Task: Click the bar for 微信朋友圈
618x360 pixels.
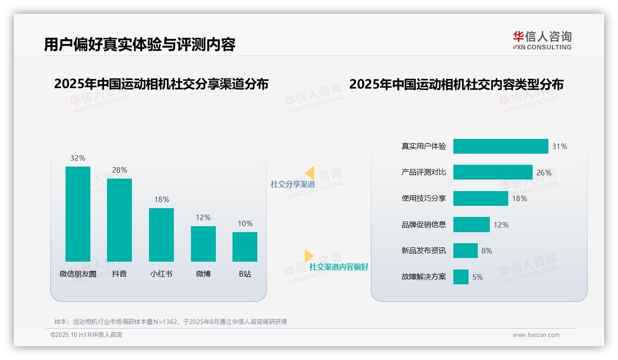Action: pos(78,214)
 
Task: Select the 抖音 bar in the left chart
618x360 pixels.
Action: pos(119,220)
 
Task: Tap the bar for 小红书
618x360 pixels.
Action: pos(161,235)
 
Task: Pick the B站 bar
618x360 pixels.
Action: pos(245,247)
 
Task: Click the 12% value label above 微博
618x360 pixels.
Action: pos(203,217)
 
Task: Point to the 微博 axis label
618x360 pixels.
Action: pos(203,274)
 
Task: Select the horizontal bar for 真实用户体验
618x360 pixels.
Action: pos(500,146)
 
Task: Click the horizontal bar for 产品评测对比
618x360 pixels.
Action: pos(493,172)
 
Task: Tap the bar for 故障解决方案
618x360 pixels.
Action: pos(461,277)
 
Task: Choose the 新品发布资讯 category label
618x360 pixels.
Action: pos(423,251)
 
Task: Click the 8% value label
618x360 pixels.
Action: pos(487,251)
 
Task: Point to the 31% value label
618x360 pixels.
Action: pos(559,146)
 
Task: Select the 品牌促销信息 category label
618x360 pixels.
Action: pos(423,225)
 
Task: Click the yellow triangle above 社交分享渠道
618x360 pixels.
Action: pos(310,173)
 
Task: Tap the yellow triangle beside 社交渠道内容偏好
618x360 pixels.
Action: pos(309,256)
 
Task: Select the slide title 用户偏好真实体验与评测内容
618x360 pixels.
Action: pos(140,44)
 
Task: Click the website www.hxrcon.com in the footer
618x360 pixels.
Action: pos(536,335)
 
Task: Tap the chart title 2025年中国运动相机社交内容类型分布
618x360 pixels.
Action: pos(456,84)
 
